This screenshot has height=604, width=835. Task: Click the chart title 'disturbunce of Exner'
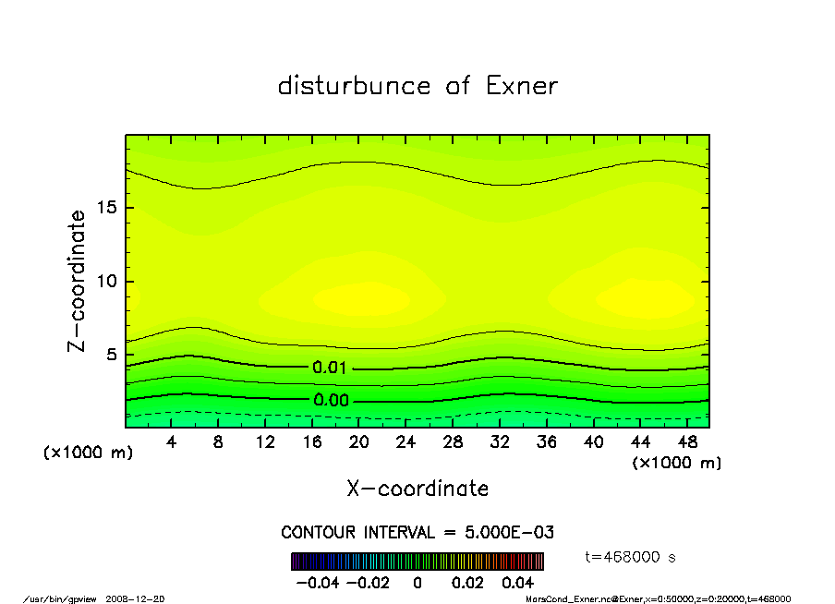tap(417, 86)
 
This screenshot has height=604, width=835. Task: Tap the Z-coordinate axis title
tap(78, 281)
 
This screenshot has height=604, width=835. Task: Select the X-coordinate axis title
tap(417, 489)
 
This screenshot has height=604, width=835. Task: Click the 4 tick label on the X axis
tap(172, 442)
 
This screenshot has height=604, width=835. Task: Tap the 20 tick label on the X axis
tap(359, 442)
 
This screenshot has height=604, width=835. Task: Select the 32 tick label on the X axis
tap(501, 442)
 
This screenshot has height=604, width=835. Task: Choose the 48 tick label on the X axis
tap(687, 442)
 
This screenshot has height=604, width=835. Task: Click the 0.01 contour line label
tap(331, 368)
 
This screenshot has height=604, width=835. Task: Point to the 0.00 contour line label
tap(331, 401)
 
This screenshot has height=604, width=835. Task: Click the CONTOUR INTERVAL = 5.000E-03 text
tap(417, 533)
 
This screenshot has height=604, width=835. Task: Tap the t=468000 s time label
tap(631, 557)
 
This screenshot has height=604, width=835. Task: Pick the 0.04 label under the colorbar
tap(519, 584)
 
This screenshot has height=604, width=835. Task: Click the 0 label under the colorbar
tap(417, 584)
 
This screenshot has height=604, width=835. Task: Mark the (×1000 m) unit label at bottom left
tap(83, 453)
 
